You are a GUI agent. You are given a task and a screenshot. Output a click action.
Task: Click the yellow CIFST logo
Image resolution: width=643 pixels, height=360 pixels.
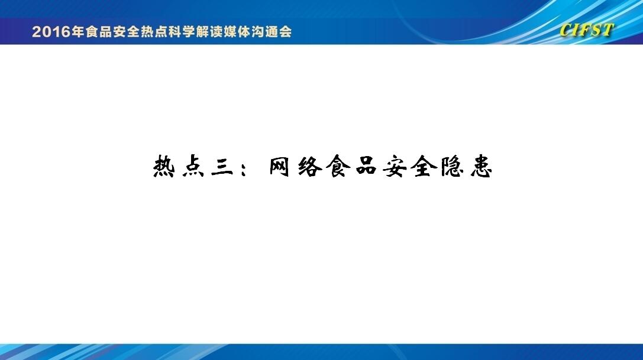pyautogui.click(x=586, y=30)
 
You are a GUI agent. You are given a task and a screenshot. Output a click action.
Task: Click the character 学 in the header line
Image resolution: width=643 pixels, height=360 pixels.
pyautogui.click(x=189, y=31)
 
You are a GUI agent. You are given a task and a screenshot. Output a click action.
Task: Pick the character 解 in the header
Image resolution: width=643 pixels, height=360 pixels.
pyautogui.click(x=202, y=31)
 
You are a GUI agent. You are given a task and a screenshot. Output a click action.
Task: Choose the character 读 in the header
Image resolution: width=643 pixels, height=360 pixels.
pyautogui.click(x=216, y=31)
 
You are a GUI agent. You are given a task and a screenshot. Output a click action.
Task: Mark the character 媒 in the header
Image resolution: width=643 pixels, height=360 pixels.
pyautogui.click(x=230, y=31)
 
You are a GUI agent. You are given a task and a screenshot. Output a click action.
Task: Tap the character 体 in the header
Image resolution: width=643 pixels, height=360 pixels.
pyautogui.click(x=244, y=31)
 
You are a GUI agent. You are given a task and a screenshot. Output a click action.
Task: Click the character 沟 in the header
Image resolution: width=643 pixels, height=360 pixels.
pyautogui.click(x=258, y=31)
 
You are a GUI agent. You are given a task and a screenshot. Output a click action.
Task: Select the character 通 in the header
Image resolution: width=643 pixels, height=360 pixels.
pyautogui.click(x=272, y=31)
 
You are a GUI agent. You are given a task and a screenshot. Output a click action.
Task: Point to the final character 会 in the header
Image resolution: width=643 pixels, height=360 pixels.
pyautogui.click(x=285, y=31)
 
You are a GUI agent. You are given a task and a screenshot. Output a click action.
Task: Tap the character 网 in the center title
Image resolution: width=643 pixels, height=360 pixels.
pyautogui.click(x=280, y=167)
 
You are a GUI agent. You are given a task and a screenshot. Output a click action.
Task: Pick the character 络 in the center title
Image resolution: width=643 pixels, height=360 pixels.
pyautogui.click(x=309, y=167)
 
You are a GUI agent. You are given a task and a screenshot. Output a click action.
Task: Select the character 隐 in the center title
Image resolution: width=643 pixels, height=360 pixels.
pyautogui.click(x=453, y=167)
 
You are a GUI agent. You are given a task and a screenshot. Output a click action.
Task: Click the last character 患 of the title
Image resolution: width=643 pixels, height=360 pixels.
pyautogui.click(x=481, y=167)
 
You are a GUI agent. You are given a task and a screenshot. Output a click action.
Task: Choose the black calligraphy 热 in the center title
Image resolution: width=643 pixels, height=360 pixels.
pyautogui.click(x=164, y=167)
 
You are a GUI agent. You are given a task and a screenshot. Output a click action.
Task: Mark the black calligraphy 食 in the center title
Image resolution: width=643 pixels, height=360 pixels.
pyautogui.click(x=338, y=167)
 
